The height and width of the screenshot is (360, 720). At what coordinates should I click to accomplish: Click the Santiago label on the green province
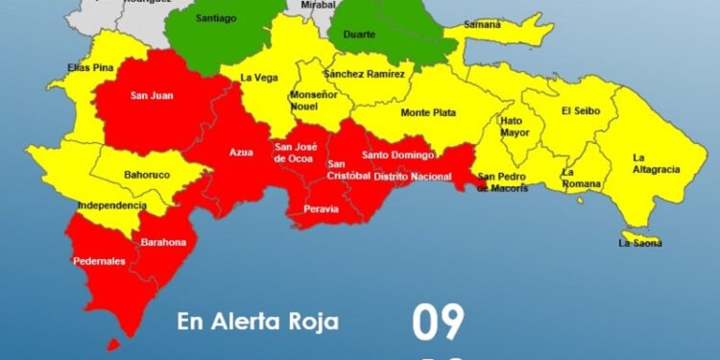(215, 18)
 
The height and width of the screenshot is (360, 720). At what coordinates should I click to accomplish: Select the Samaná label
(482, 24)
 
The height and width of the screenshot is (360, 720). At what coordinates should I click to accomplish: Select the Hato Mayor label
(516, 128)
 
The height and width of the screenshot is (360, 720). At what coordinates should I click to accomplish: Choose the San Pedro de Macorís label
(503, 181)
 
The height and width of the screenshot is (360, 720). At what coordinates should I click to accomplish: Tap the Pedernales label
(98, 261)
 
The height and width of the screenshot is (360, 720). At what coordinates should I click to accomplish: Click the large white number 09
(439, 324)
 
